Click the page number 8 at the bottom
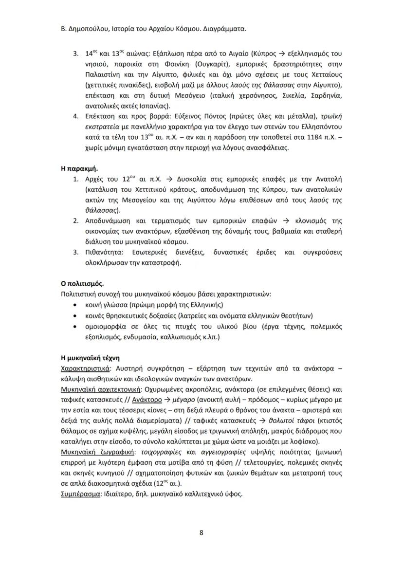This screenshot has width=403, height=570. click(201, 532)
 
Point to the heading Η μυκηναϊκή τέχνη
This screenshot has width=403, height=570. click(90, 358)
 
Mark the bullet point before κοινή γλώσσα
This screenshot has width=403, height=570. click(73, 305)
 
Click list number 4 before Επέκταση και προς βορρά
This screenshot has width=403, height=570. click(75, 117)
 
